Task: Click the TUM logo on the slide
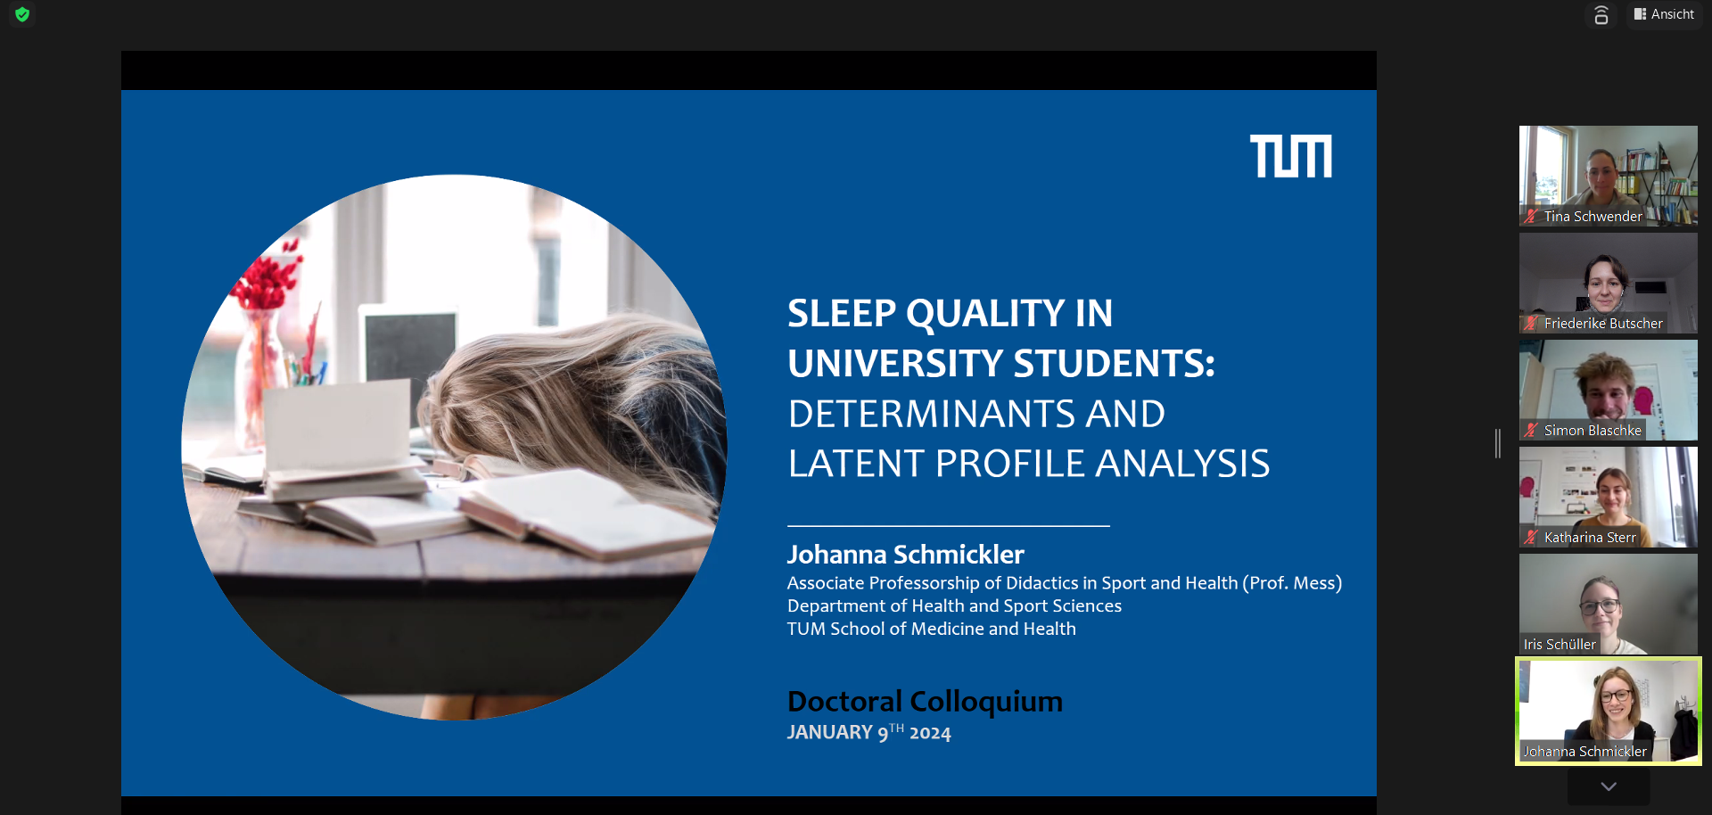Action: (x=1290, y=156)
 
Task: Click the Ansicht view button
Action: (x=1664, y=14)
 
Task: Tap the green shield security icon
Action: (x=22, y=14)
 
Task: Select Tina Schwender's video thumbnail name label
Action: (x=1593, y=217)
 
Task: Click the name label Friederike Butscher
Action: (x=1603, y=324)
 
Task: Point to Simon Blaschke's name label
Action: (x=1593, y=431)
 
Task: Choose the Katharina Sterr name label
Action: (x=1590, y=538)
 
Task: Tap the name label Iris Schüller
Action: (x=1560, y=645)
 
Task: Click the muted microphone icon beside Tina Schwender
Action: (x=1531, y=216)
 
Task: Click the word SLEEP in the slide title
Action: (x=842, y=313)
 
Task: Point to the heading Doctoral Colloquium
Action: (x=925, y=702)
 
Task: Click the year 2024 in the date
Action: (x=930, y=733)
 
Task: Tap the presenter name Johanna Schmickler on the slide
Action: (x=906, y=555)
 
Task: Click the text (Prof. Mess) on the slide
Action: (x=1292, y=583)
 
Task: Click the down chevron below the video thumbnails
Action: (x=1609, y=786)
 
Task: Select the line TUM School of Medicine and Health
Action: (x=932, y=630)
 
